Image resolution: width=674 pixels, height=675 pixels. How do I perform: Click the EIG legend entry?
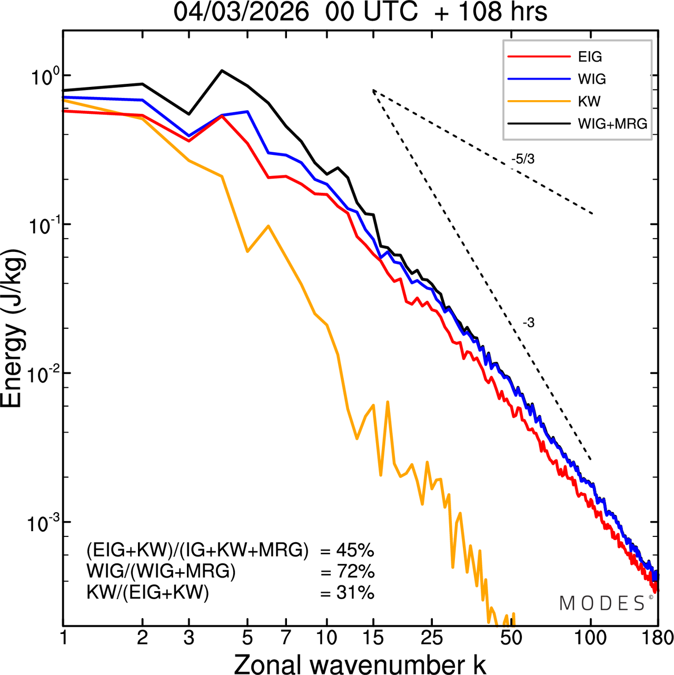590,57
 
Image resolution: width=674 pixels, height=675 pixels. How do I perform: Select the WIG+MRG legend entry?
612,124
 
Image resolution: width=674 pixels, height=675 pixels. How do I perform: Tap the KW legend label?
589,101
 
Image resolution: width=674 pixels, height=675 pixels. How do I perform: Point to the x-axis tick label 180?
657,638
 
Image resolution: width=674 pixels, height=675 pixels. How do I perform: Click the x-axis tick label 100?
590,638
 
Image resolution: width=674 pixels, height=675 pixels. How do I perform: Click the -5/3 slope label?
522,159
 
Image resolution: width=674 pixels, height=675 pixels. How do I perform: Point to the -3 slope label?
529,323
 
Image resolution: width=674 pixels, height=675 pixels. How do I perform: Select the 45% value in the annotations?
355,551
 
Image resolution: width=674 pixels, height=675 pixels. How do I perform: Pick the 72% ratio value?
355,572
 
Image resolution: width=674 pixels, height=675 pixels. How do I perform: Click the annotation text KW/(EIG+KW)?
147,593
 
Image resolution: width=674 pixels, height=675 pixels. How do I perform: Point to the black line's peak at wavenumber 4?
222,70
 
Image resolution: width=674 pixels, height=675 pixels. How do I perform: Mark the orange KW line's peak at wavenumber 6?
269,226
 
